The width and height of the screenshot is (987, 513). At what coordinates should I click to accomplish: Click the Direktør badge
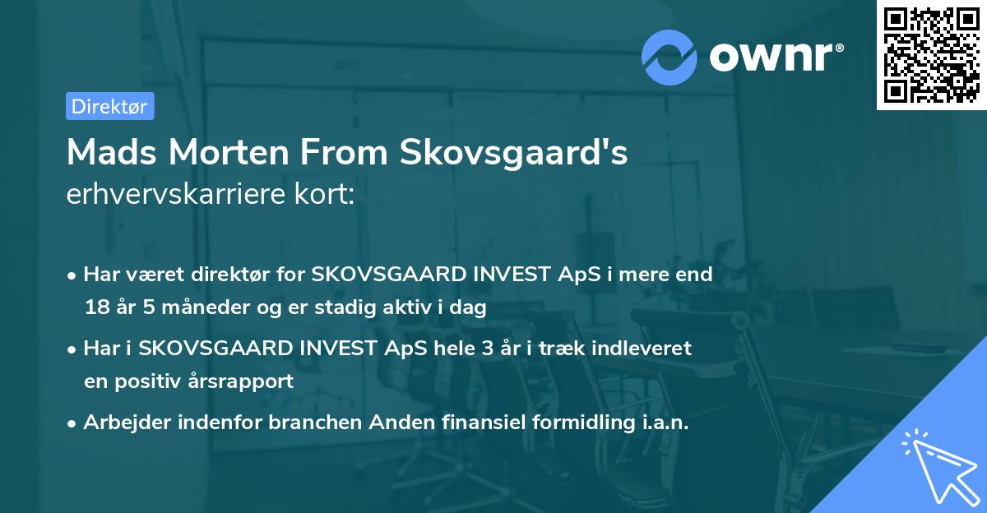pyautogui.click(x=109, y=106)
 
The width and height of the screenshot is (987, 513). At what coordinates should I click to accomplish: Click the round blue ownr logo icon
pyautogui.click(x=670, y=56)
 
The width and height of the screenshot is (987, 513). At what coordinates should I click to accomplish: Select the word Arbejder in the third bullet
pyautogui.click(x=120, y=423)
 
